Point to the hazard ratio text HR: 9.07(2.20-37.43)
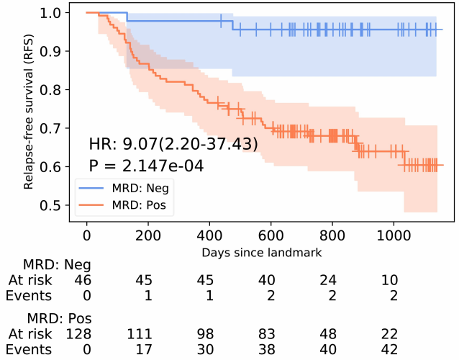pyautogui.click(x=173, y=144)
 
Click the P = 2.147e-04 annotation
pyautogui.click(x=146, y=166)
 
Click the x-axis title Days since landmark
pyautogui.click(x=260, y=253)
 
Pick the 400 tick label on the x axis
pyautogui.click(x=209, y=237)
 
